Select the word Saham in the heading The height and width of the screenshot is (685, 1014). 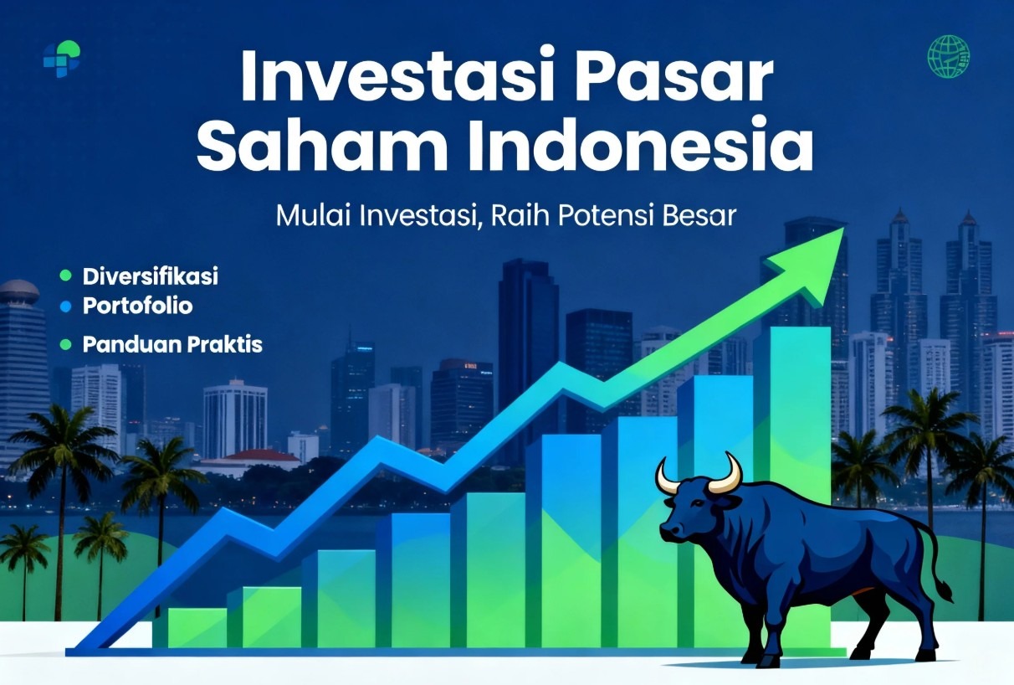pos(322,143)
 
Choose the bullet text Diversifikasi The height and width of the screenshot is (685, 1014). pos(151,276)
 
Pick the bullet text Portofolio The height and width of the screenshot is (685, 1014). pos(137,306)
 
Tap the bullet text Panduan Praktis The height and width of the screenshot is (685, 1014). pos(172,345)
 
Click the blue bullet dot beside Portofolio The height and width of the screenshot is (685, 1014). pos(65,307)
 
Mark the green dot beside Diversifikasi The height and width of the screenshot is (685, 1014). pos(65,276)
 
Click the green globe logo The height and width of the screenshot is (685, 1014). pos(949,56)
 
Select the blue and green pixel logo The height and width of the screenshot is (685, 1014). pos(62,59)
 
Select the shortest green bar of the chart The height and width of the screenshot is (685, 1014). pos(197,628)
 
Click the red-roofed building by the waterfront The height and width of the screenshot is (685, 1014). pos(253,461)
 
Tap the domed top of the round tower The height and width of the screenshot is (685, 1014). pos(20,289)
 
